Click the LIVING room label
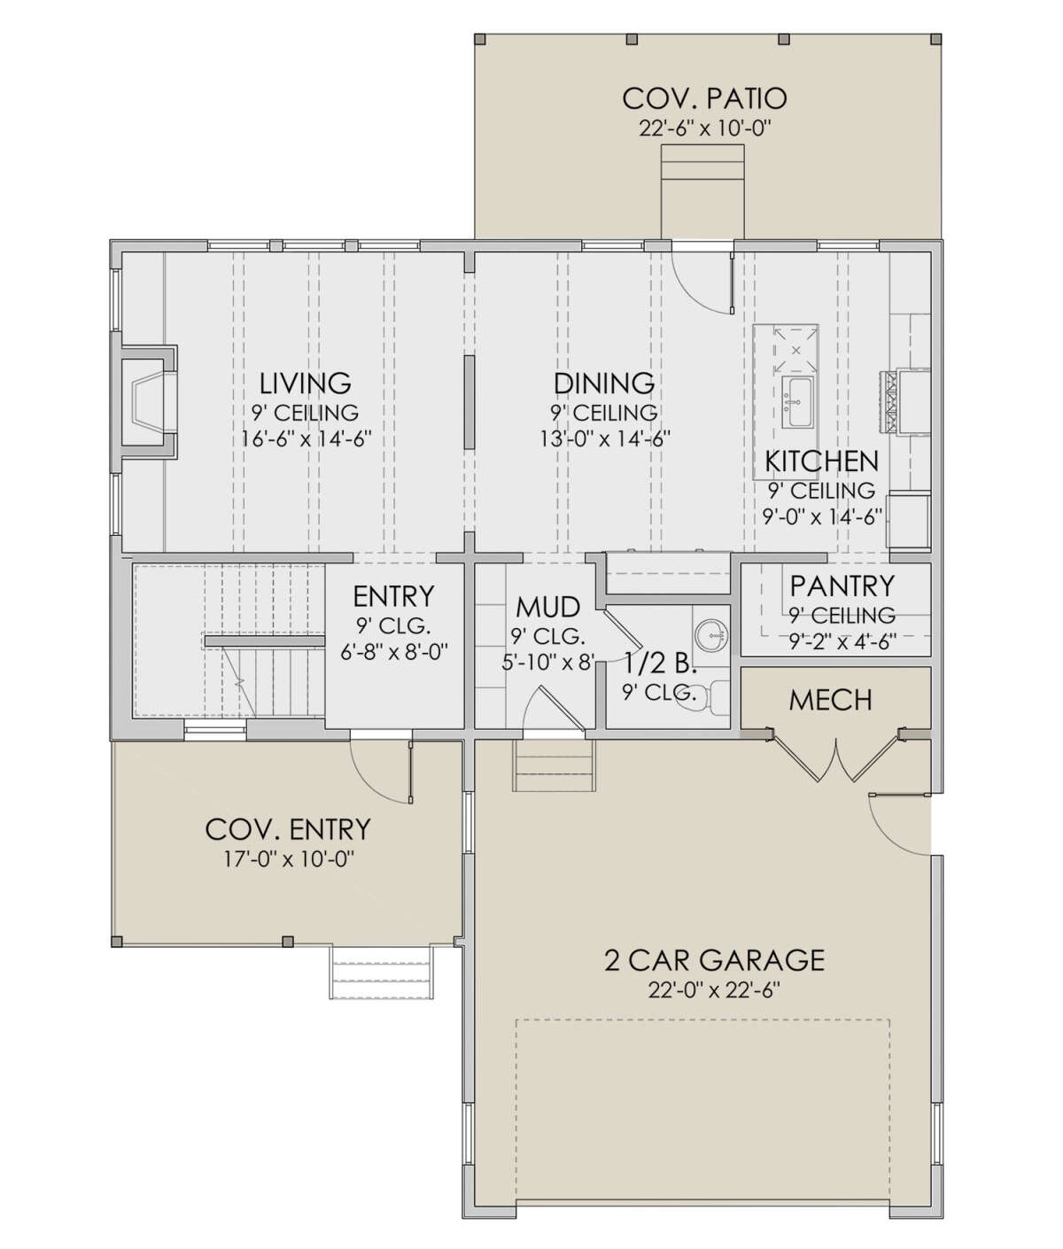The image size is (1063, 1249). tap(306, 383)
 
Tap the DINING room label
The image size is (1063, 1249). tap(604, 383)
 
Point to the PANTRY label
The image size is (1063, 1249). tap(842, 586)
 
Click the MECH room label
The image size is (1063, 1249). tap(831, 701)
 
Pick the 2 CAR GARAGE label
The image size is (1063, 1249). tap(714, 960)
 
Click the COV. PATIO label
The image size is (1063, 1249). tap(704, 99)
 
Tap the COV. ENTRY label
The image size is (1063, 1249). tap(288, 830)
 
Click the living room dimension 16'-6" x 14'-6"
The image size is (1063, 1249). tap(306, 438)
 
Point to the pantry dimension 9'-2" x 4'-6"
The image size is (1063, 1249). tap(842, 640)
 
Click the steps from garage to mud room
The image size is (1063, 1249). tap(555, 765)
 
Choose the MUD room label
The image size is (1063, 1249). tap(548, 608)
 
